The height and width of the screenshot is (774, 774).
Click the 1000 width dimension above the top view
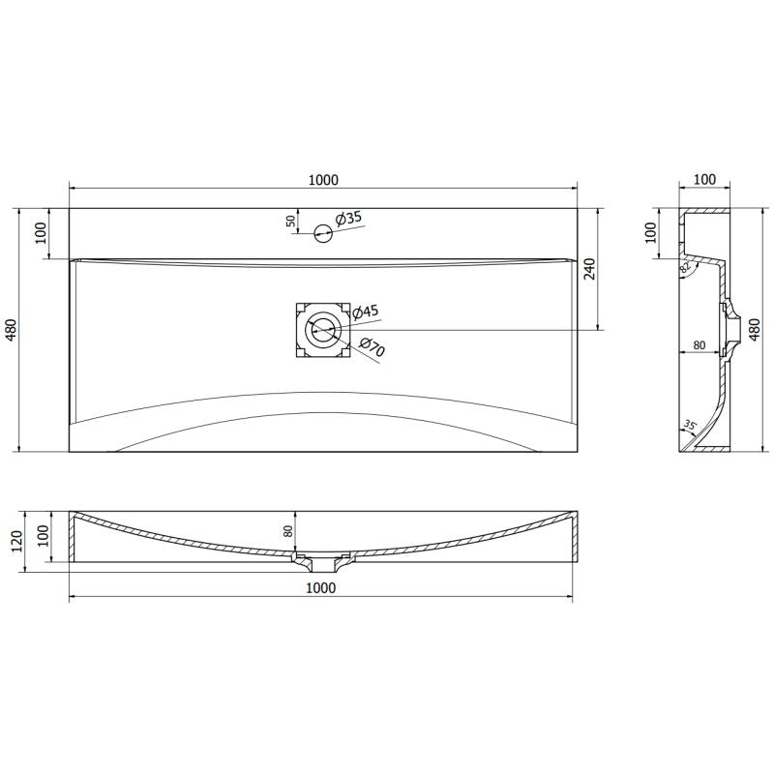pyautogui.click(x=323, y=179)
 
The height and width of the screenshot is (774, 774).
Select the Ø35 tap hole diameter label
pyautogui.click(x=348, y=219)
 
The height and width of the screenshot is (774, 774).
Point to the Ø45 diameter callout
pyautogui.click(x=365, y=312)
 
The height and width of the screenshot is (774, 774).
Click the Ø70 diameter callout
pyautogui.click(x=372, y=347)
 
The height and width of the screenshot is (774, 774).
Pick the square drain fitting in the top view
pyautogui.click(x=322, y=330)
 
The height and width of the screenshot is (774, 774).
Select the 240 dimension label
pyautogui.click(x=590, y=268)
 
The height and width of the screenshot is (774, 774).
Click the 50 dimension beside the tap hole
pyautogui.click(x=291, y=221)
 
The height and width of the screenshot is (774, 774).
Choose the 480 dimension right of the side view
pyautogui.click(x=755, y=330)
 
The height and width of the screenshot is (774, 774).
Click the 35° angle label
pyautogui.click(x=690, y=425)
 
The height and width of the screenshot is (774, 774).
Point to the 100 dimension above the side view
pyautogui.click(x=705, y=179)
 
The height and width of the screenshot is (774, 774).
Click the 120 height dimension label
pyautogui.click(x=13, y=540)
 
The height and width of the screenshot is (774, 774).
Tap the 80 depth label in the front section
pyautogui.click(x=287, y=531)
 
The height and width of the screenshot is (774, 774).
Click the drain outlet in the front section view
pyautogui.click(x=322, y=560)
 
